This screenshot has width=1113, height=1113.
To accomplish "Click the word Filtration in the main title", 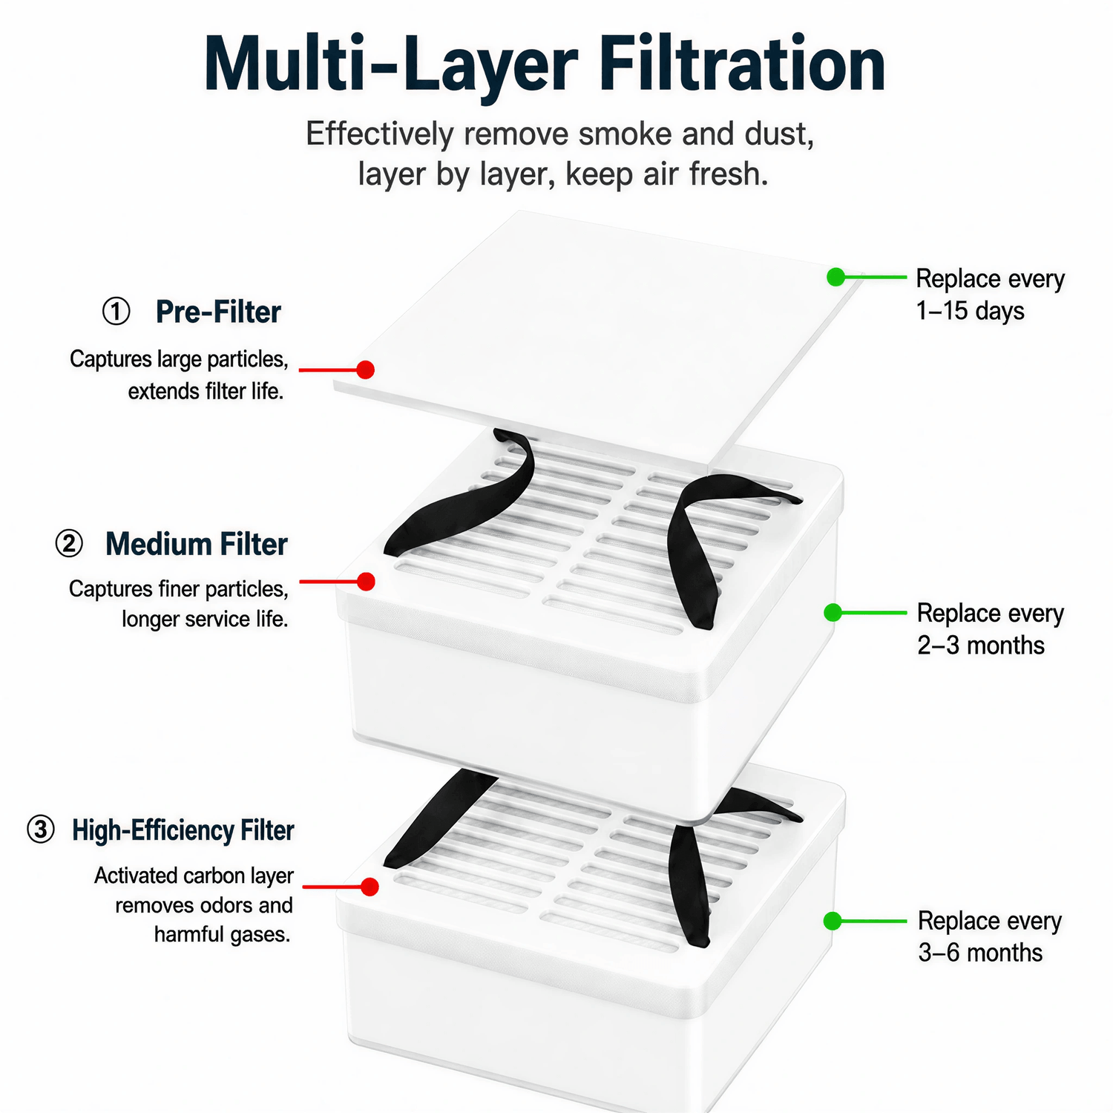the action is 742,65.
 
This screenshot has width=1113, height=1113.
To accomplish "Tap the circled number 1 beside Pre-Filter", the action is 116,312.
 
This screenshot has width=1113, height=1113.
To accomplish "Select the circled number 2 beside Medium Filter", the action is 69,544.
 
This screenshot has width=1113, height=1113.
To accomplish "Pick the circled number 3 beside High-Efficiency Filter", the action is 41,830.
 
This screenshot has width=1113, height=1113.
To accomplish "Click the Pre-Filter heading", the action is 218,312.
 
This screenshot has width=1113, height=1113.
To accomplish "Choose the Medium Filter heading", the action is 197,544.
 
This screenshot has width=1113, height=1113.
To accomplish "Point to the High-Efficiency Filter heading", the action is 183,830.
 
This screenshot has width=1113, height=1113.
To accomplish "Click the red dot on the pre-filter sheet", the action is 365,370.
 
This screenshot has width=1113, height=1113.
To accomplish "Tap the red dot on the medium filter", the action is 366,582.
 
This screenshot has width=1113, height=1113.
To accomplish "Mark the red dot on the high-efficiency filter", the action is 370,887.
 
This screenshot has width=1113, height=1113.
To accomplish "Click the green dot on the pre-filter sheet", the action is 836,277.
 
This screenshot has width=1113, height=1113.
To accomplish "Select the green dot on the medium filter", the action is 833,612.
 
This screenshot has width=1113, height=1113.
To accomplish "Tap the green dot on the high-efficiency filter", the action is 833,921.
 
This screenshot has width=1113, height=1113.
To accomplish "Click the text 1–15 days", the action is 970,311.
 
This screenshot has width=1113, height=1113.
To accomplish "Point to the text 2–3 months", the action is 981,646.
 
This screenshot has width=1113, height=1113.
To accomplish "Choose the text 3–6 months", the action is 980,953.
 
